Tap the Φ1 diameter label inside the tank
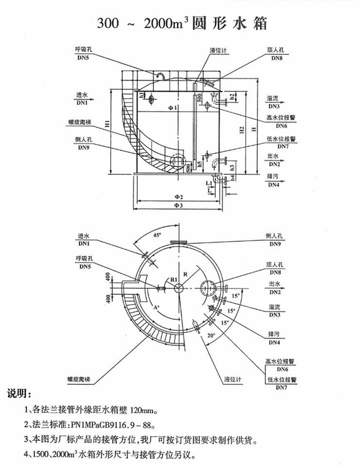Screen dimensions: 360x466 point(173,108)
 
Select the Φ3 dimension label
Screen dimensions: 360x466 point(179,205)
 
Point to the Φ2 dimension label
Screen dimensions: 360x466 point(179,197)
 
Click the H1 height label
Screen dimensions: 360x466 point(108,123)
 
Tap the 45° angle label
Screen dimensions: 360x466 point(157,235)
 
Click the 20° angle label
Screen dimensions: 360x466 point(211,335)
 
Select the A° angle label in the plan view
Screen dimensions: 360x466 point(157,307)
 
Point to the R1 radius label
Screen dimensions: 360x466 point(174,279)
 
